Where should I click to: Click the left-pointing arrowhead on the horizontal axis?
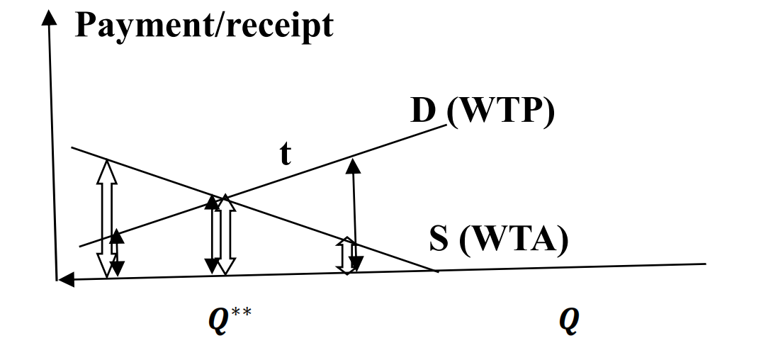click(x=65, y=281)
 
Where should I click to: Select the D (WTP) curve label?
click(x=482, y=113)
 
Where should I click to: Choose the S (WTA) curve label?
click(x=499, y=240)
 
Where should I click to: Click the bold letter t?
click(x=285, y=154)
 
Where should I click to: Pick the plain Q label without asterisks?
click(x=570, y=321)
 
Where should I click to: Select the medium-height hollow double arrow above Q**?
click(x=225, y=235)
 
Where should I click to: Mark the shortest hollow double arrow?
click(x=346, y=256)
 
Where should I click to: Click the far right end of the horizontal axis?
click(x=705, y=264)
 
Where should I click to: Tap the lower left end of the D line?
click(x=80, y=246)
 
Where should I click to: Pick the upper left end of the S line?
click(x=72, y=148)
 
